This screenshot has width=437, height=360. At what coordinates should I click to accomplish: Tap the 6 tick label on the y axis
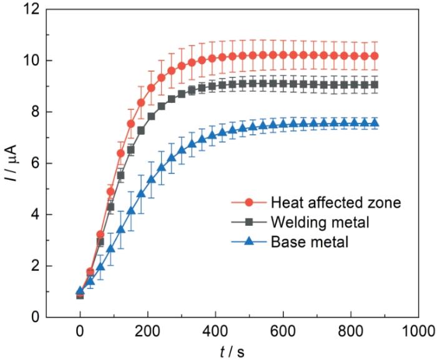click(x=36, y=163)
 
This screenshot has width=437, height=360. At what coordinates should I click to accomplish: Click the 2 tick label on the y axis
click(x=36, y=266)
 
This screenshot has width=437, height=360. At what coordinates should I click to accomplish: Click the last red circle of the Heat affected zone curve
click(x=375, y=56)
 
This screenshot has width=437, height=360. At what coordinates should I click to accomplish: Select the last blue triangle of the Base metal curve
click(x=375, y=124)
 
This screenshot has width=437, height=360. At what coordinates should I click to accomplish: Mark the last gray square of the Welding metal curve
click(x=375, y=85)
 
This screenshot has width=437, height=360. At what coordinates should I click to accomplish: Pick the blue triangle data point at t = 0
click(x=80, y=291)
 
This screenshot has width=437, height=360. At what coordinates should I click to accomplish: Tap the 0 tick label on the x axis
click(x=80, y=332)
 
